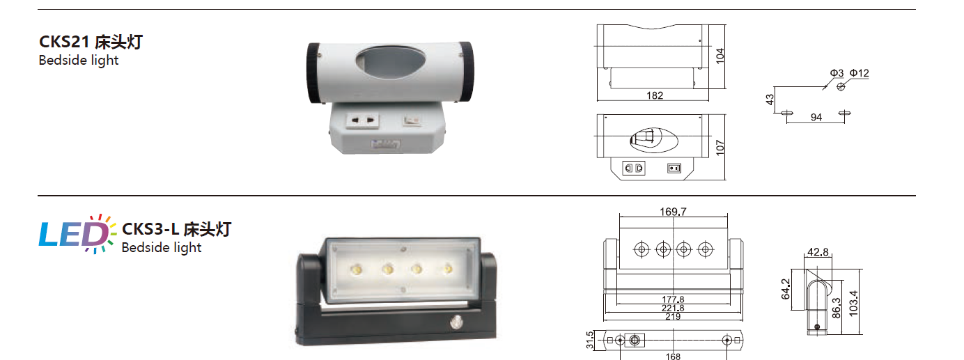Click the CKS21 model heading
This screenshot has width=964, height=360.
coord(91,42)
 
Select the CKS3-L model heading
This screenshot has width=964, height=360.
coord(176,229)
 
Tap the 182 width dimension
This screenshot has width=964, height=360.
coord(655,95)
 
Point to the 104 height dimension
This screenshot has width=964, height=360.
coord(720,56)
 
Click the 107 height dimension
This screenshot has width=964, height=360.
coord(720,148)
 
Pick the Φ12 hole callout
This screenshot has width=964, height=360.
coord(859,73)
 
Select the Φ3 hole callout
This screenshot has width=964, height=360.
coord(837,73)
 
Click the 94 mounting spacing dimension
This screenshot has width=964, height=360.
coord(816,117)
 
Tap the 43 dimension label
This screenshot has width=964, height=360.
coord(770,100)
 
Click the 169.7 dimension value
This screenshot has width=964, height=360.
coord(673,212)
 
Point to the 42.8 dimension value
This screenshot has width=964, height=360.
coord(818,252)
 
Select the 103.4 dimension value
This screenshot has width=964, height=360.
coord(853,304)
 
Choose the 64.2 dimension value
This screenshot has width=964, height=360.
coord(786,289)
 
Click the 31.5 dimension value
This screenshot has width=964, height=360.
coord(589,340)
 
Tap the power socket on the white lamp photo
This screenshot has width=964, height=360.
coord(362,120)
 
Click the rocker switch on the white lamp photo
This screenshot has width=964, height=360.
coord(412,120)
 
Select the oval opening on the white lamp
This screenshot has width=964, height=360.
coord(390,63)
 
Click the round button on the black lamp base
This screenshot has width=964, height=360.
coord(456,322)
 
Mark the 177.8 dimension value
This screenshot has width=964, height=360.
coord(673,299)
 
